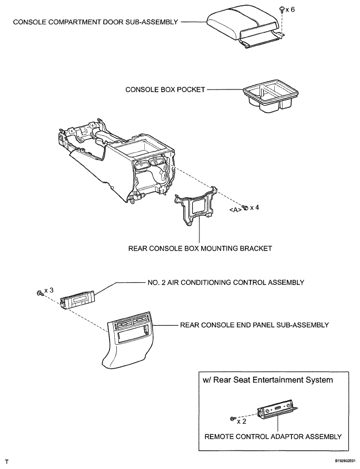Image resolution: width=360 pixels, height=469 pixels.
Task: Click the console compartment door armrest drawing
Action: coord(245,27)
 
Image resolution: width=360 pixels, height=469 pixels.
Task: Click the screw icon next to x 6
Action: coord(282,10)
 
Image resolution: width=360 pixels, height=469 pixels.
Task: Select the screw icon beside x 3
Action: coord(39,293)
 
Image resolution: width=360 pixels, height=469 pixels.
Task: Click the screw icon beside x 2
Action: coord(233,418)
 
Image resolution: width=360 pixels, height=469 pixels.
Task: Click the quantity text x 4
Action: coord(254,207)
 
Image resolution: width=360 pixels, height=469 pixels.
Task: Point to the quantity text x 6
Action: coord(290,9)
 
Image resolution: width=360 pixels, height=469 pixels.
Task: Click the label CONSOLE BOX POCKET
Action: coord(165,89)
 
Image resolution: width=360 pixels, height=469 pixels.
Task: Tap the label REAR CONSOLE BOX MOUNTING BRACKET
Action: coord(200,248)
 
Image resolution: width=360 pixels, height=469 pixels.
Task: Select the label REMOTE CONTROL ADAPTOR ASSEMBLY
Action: coord(273,437)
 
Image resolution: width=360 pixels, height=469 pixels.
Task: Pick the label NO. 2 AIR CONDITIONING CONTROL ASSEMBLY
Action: coord(226,282)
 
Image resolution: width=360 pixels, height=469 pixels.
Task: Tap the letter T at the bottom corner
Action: coord(6,462)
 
